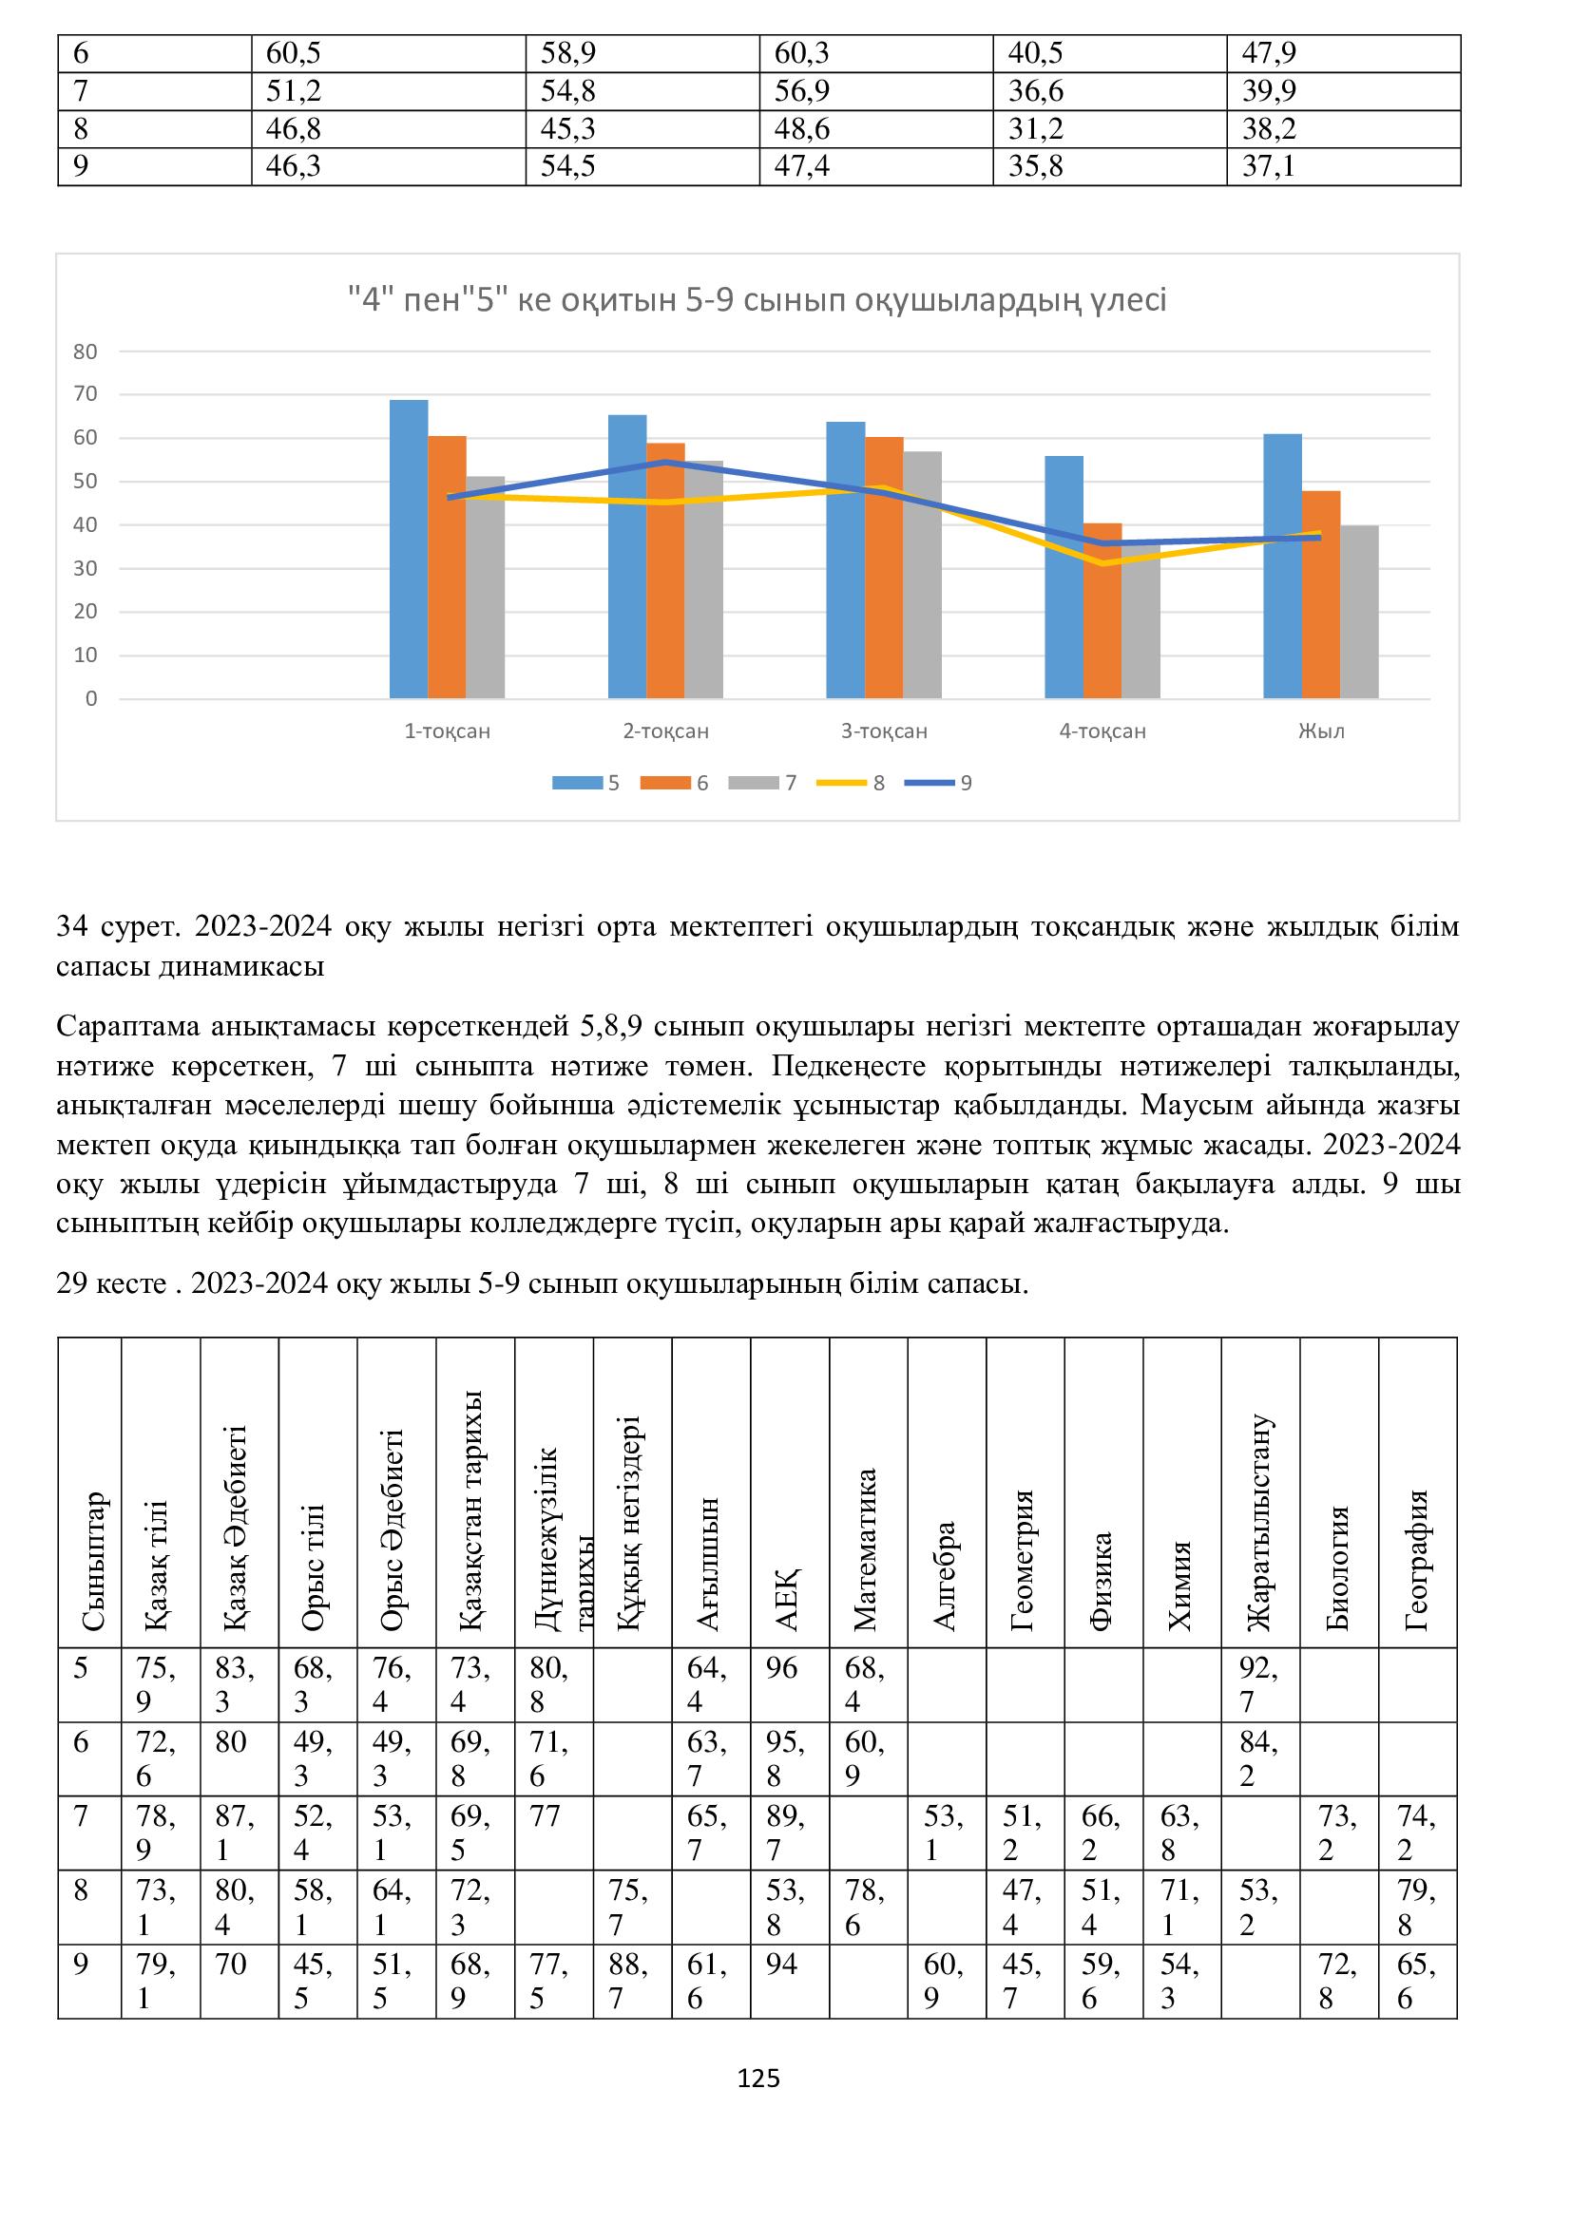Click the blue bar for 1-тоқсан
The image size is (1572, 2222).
point(409,549)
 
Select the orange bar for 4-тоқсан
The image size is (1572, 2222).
point(1102,611)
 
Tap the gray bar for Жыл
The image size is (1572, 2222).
point(1359,612)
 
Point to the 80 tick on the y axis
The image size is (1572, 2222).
point(86,351)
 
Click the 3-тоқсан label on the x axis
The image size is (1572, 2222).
point(884,731)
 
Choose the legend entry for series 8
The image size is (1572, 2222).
point(852,783)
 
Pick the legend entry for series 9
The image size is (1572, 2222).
point(939,783)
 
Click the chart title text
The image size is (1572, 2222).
point(757,300)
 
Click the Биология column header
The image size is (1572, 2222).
point(1338,1567)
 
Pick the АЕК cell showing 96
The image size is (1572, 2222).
point(782,1667)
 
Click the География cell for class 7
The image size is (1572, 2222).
point(1416,1832)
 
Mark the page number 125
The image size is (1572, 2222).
point(757,2079)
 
